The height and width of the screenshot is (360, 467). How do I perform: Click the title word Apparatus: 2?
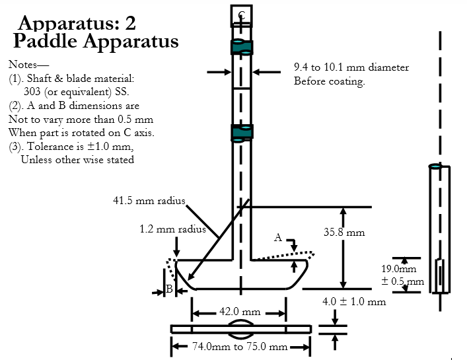pos(77,23)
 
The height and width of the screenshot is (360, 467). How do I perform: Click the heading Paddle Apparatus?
pos(96,42)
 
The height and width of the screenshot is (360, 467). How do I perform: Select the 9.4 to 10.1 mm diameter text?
pos(351,67)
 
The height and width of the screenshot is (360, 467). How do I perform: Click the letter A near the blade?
pos(278,237)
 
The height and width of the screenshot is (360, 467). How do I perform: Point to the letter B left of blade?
pos(169,289)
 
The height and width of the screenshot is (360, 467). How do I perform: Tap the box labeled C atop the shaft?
pos(241,16)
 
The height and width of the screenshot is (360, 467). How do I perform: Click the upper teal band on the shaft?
pos(241,47)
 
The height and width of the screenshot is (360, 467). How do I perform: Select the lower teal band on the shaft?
pos(241,132)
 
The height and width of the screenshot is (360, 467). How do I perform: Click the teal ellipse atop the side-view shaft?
pos(435,166)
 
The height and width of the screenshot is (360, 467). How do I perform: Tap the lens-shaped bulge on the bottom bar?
pos(240,328)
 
